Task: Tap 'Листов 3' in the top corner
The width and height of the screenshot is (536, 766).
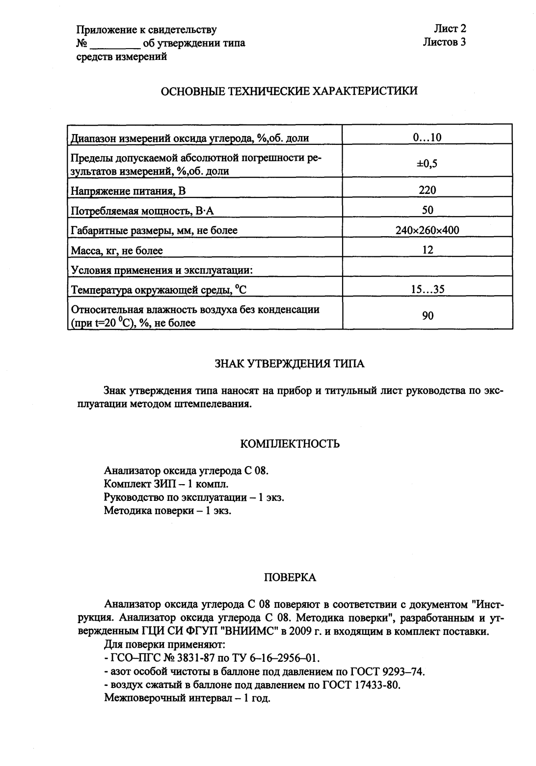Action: [x=444, y=42]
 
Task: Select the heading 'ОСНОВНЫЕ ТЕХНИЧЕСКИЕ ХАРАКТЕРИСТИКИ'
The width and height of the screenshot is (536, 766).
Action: [x=290, y=91]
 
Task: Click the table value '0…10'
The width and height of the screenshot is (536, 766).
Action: [x=428, y=137]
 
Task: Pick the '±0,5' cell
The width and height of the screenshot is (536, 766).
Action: [x=428, y=164]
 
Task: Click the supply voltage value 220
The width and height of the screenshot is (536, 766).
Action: [x=428, y=190]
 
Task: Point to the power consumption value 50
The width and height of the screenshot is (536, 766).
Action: [x=428, y=210]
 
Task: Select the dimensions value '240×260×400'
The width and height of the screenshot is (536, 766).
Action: [x=428, y=230]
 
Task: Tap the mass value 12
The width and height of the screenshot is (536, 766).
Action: [x=428, y=250]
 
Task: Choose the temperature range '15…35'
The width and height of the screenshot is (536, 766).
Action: [x=428, y=289]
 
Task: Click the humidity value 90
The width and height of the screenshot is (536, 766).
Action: [x=428, y=316]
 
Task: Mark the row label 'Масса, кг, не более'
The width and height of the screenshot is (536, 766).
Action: [x=117, y=250]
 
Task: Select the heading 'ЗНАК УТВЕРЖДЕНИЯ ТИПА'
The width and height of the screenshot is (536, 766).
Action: [x=290, y=364]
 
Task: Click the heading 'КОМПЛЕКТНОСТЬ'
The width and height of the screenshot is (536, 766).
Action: [x=290, y=444]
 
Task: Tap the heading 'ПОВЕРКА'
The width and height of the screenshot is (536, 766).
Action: [x=290, y=578]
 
